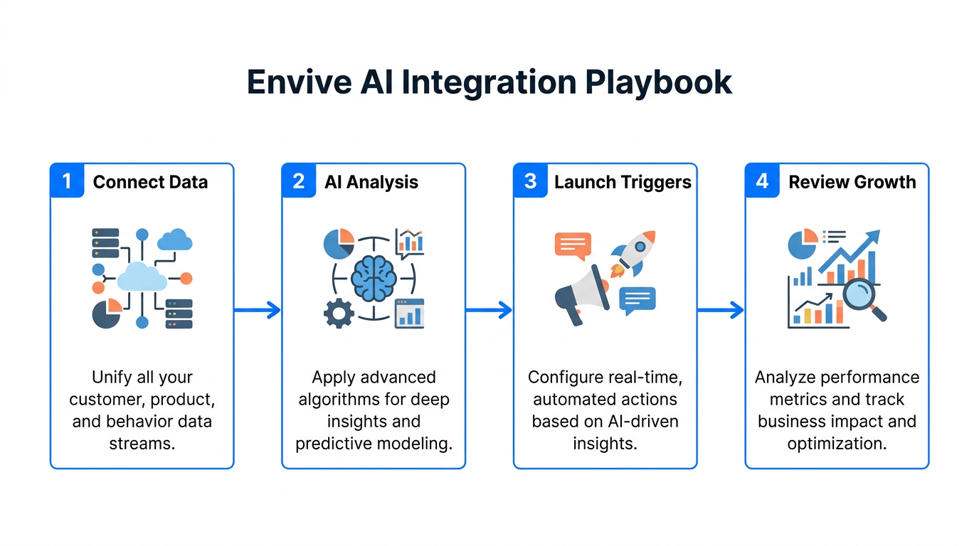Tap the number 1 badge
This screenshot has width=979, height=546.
tap(67, 181)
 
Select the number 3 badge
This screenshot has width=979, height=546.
tap(530, 181)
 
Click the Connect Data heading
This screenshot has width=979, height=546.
tap(150, 182)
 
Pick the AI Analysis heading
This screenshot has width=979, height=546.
tap(371, 182)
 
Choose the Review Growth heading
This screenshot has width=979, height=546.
tap(852, 182)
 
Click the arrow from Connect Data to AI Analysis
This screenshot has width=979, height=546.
tap(257, 309)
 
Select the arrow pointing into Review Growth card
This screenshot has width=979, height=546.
tap(720, 309)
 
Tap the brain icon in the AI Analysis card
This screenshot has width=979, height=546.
tap(373, 278)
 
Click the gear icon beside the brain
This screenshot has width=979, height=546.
tap(339, 314)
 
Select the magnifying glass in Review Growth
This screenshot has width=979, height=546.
tap(862, 298)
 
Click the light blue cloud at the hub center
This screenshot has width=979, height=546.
tap(142, 277)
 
